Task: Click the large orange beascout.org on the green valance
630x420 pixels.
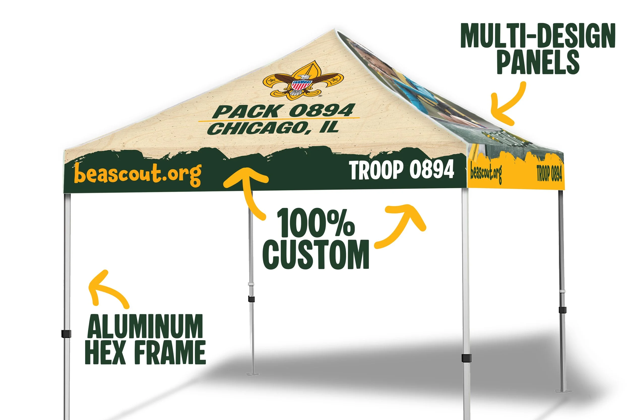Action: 138,174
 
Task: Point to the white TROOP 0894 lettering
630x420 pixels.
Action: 402,170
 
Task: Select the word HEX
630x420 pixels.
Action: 106,352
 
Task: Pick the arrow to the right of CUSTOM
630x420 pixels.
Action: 402,225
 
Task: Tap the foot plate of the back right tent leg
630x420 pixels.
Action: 563,391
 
